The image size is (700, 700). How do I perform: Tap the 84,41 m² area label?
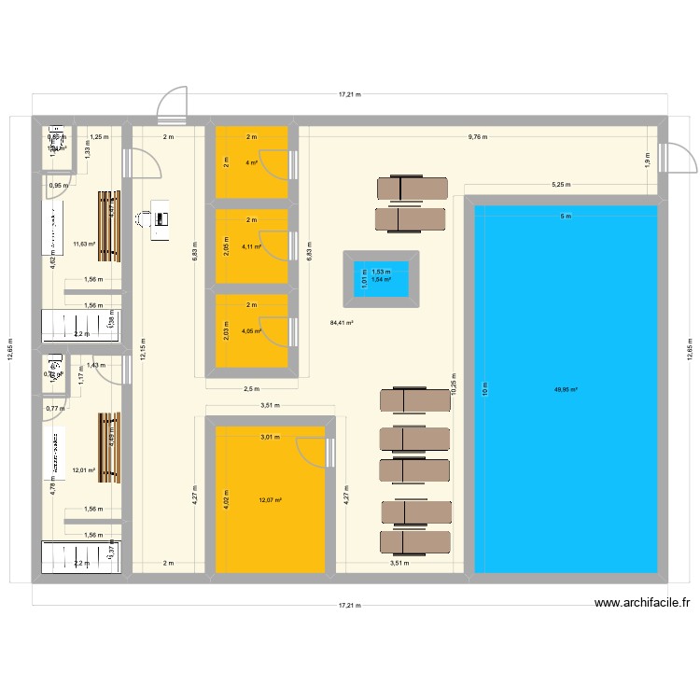(341, 324)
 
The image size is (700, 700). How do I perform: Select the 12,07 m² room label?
(271, 500)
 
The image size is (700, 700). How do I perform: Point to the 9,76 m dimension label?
(477, 137)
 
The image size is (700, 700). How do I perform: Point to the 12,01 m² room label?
(85, 470)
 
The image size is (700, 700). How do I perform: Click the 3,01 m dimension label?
(269, 437)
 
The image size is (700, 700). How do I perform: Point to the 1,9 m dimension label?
(646, 159)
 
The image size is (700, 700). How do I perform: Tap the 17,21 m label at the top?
(349, 94)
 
